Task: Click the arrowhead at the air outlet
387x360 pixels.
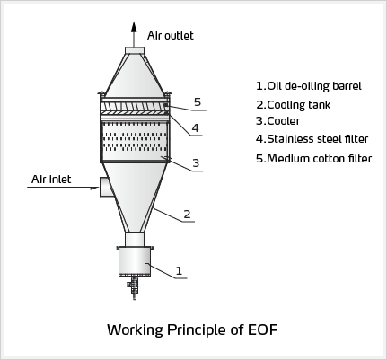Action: (134, 27)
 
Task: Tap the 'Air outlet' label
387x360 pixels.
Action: (171, 36)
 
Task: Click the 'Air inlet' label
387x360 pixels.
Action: (51, 180)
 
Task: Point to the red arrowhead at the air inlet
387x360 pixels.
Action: (94, 188)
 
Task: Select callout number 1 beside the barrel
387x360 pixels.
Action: (179, 270)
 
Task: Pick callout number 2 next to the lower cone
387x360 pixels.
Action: (187, 215)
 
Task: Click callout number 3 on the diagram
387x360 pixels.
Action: (196, 163)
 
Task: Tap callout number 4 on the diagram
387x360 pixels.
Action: (195, 128)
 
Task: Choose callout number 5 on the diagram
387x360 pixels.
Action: (198, 102)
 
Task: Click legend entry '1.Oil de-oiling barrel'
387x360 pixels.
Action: (309, 86)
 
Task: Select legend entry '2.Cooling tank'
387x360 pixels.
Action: (294, 105)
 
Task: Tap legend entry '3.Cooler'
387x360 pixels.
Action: (278, 121)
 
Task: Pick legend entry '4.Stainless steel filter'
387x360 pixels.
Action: (312, 139)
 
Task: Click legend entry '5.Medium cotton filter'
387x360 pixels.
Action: (314, 159)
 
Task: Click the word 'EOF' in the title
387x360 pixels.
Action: (263, 329)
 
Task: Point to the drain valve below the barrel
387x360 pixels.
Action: (134, 287)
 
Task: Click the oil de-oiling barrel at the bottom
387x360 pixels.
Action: (135, 261)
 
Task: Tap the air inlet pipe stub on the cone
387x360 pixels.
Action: (105, 187)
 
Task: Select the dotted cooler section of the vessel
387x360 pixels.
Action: (135, 141)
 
